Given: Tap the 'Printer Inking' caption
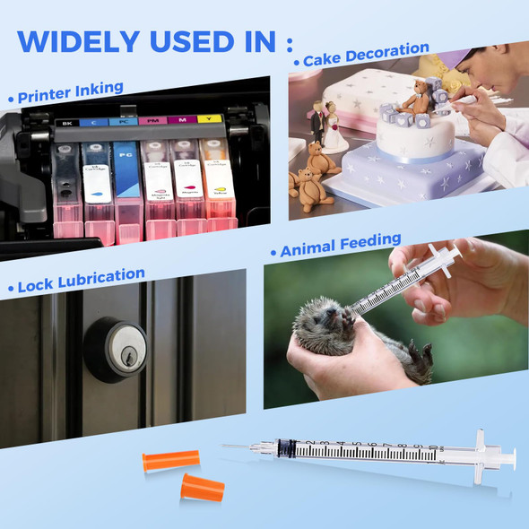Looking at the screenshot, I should (x=68, y=92).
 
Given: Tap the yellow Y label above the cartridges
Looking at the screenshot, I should (x=210, y=119).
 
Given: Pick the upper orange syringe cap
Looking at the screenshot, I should (x=170, y=461).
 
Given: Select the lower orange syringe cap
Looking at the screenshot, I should (x=203, y=489).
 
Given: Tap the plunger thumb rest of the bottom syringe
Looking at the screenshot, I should (x=510, y=457).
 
